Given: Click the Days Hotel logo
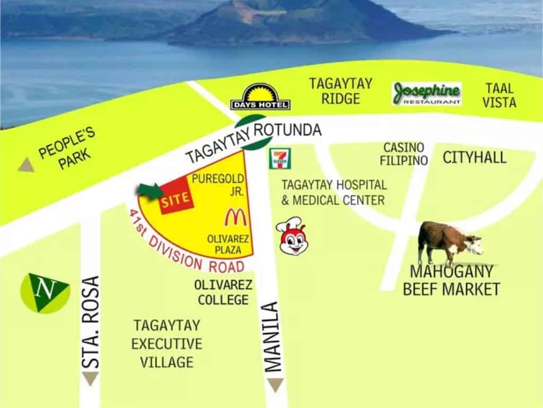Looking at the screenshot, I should [260, 97].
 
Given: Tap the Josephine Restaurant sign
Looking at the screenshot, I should [426, 93].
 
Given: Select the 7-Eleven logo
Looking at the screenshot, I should [281, 158].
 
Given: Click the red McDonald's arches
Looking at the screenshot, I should [233, 217].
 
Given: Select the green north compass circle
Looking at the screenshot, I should [45, 293].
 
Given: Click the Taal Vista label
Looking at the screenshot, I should [499, 95].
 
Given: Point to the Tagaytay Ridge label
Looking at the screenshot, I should [341, 91].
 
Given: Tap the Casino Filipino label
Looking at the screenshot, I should [404, 154].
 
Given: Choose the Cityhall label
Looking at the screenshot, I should [475, 157].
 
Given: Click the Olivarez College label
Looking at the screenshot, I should [223, 292].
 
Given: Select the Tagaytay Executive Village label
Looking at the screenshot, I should [167, 344].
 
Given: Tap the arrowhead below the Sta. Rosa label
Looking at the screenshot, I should [91, 378].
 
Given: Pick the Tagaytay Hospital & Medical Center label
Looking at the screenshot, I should [334, 192].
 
